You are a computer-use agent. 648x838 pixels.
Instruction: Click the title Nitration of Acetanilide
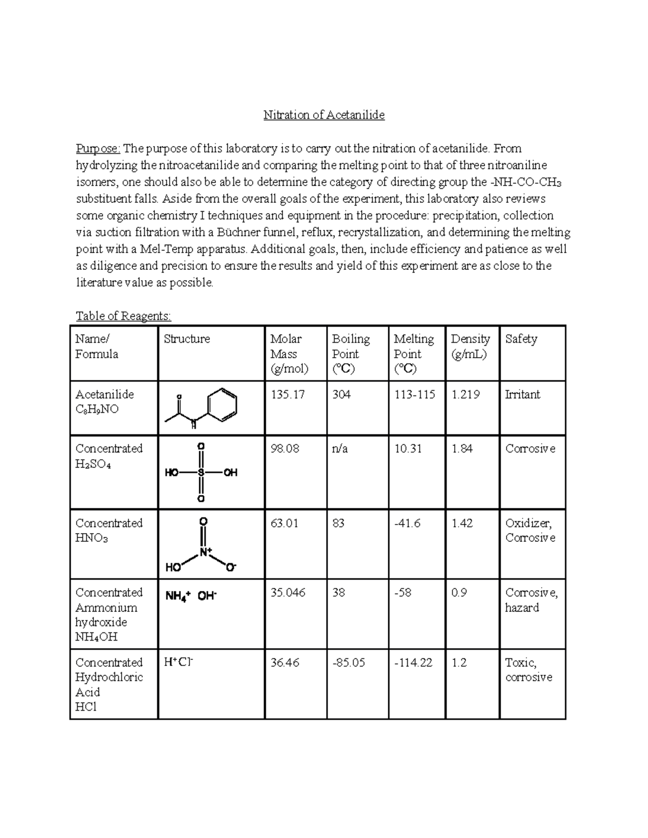(323, 115)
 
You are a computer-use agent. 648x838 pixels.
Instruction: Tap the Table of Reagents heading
(123, 316)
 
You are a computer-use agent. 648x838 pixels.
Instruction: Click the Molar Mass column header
(289, 353)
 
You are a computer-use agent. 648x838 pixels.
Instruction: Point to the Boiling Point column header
(350, 353)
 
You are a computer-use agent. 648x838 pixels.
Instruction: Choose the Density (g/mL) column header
(470, 346)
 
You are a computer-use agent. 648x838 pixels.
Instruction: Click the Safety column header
(521, 339)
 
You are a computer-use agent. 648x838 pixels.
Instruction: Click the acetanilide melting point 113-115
(414, 394)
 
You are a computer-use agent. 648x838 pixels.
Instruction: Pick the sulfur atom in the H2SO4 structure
(201, 473)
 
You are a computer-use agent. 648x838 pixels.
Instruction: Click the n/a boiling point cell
(340, 448)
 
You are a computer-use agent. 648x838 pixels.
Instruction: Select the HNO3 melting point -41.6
(407, 523)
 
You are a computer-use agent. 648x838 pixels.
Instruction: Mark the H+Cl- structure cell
(178, 663)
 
